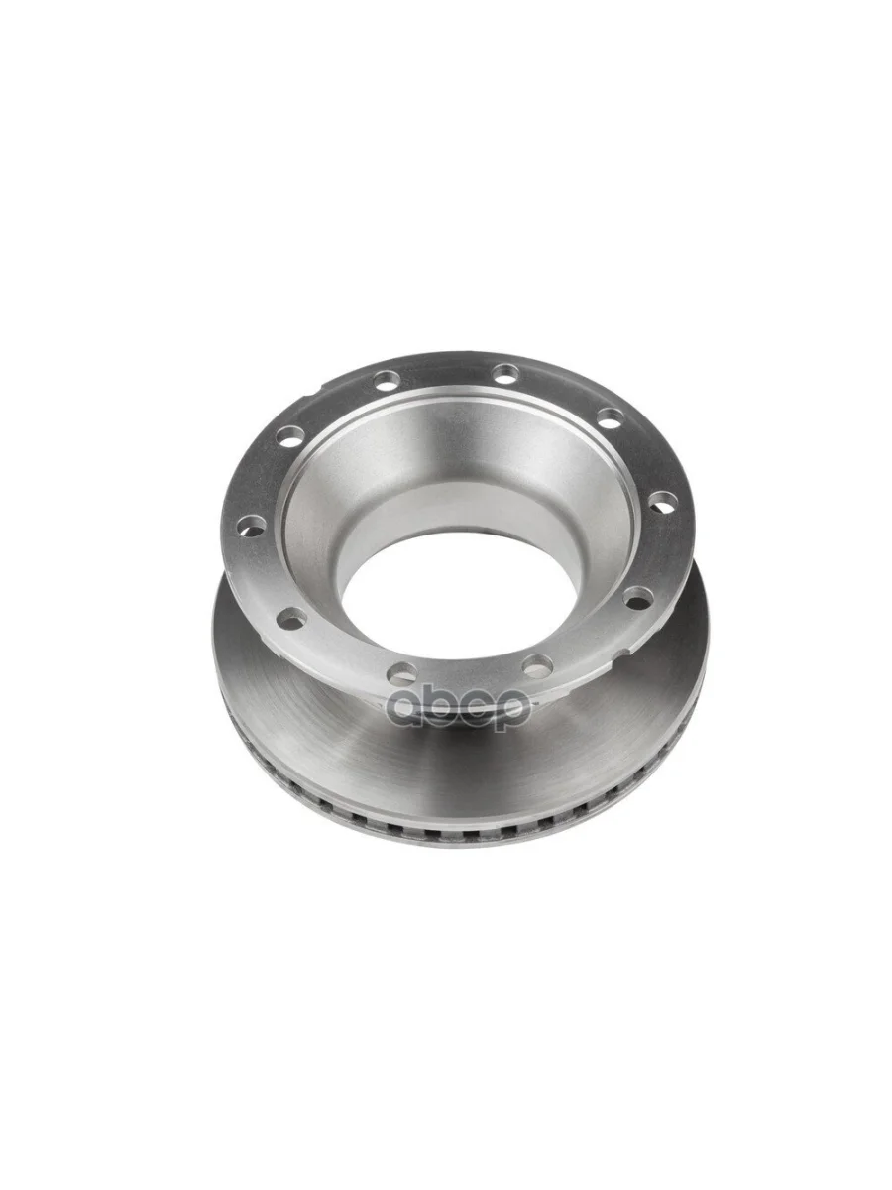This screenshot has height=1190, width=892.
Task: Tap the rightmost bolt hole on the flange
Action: click(660, 501)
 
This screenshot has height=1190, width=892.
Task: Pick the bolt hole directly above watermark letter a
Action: click(403, 672)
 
